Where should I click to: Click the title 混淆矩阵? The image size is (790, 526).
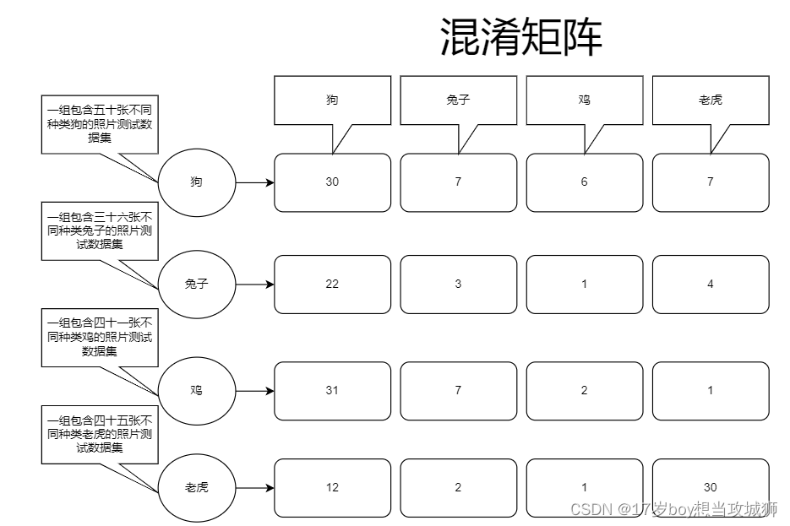521,37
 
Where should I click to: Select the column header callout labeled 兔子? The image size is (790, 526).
458,100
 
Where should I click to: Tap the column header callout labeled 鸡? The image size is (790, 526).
584,100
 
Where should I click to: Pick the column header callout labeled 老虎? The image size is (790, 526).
710,100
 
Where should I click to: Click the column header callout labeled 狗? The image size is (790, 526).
332,100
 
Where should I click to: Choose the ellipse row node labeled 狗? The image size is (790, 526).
196,182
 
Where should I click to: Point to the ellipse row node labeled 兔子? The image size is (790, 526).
196,285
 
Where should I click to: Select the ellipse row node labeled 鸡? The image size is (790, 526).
196,391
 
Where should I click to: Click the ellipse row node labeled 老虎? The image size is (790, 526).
196,488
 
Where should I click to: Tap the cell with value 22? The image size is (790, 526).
332,285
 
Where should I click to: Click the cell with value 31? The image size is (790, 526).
332,391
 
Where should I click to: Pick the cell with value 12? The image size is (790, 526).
332,488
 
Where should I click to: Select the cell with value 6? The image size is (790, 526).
584,182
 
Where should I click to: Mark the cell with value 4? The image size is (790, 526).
710,285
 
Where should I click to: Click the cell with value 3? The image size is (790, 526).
458,285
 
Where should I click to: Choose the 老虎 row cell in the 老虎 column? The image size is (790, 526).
710,488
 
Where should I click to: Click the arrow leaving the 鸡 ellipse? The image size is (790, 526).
254,391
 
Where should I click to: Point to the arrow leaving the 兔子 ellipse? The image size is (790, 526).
254,285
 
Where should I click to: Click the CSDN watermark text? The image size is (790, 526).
673,509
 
